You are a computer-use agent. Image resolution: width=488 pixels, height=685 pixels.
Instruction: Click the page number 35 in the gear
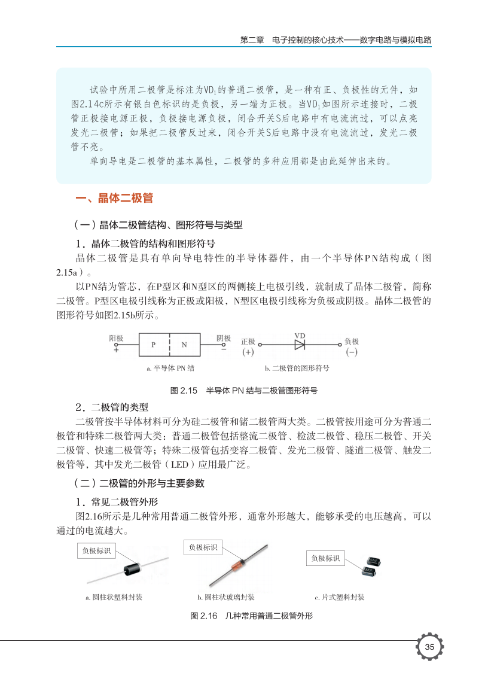pyautogui.click(x=429, y=647)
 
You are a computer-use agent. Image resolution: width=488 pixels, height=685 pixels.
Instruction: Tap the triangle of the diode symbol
pyautogui.click(x=299, y=345)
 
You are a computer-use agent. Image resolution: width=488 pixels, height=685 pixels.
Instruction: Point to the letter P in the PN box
pyautogui.click(x=153, y=345)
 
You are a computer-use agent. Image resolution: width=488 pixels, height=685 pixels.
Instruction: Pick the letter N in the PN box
pyautogui.click(x=184, y=345)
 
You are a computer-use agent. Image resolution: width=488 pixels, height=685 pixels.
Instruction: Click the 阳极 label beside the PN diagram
pyautogui.click(x=116, y=339)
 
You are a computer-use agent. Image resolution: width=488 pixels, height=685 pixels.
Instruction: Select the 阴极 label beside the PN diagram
pyautogui.click(x=224, y=339)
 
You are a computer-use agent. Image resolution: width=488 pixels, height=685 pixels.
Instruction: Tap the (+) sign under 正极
pyautogui.click(x=248, y=352)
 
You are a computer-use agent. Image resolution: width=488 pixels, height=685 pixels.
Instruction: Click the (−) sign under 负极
pyautogui.click(x=352, y=352)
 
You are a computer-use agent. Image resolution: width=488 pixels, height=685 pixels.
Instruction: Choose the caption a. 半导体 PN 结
pyautogui.click(x=170, y=369)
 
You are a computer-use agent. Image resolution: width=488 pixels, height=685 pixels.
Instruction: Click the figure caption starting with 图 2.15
pyautogui.click(x=243, y=391)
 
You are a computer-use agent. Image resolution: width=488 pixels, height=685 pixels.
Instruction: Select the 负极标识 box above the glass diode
pyautogui.click(x=203, y=547)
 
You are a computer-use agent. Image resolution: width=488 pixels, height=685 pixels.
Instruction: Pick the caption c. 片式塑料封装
pyautogui.click(x=339, y=597)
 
